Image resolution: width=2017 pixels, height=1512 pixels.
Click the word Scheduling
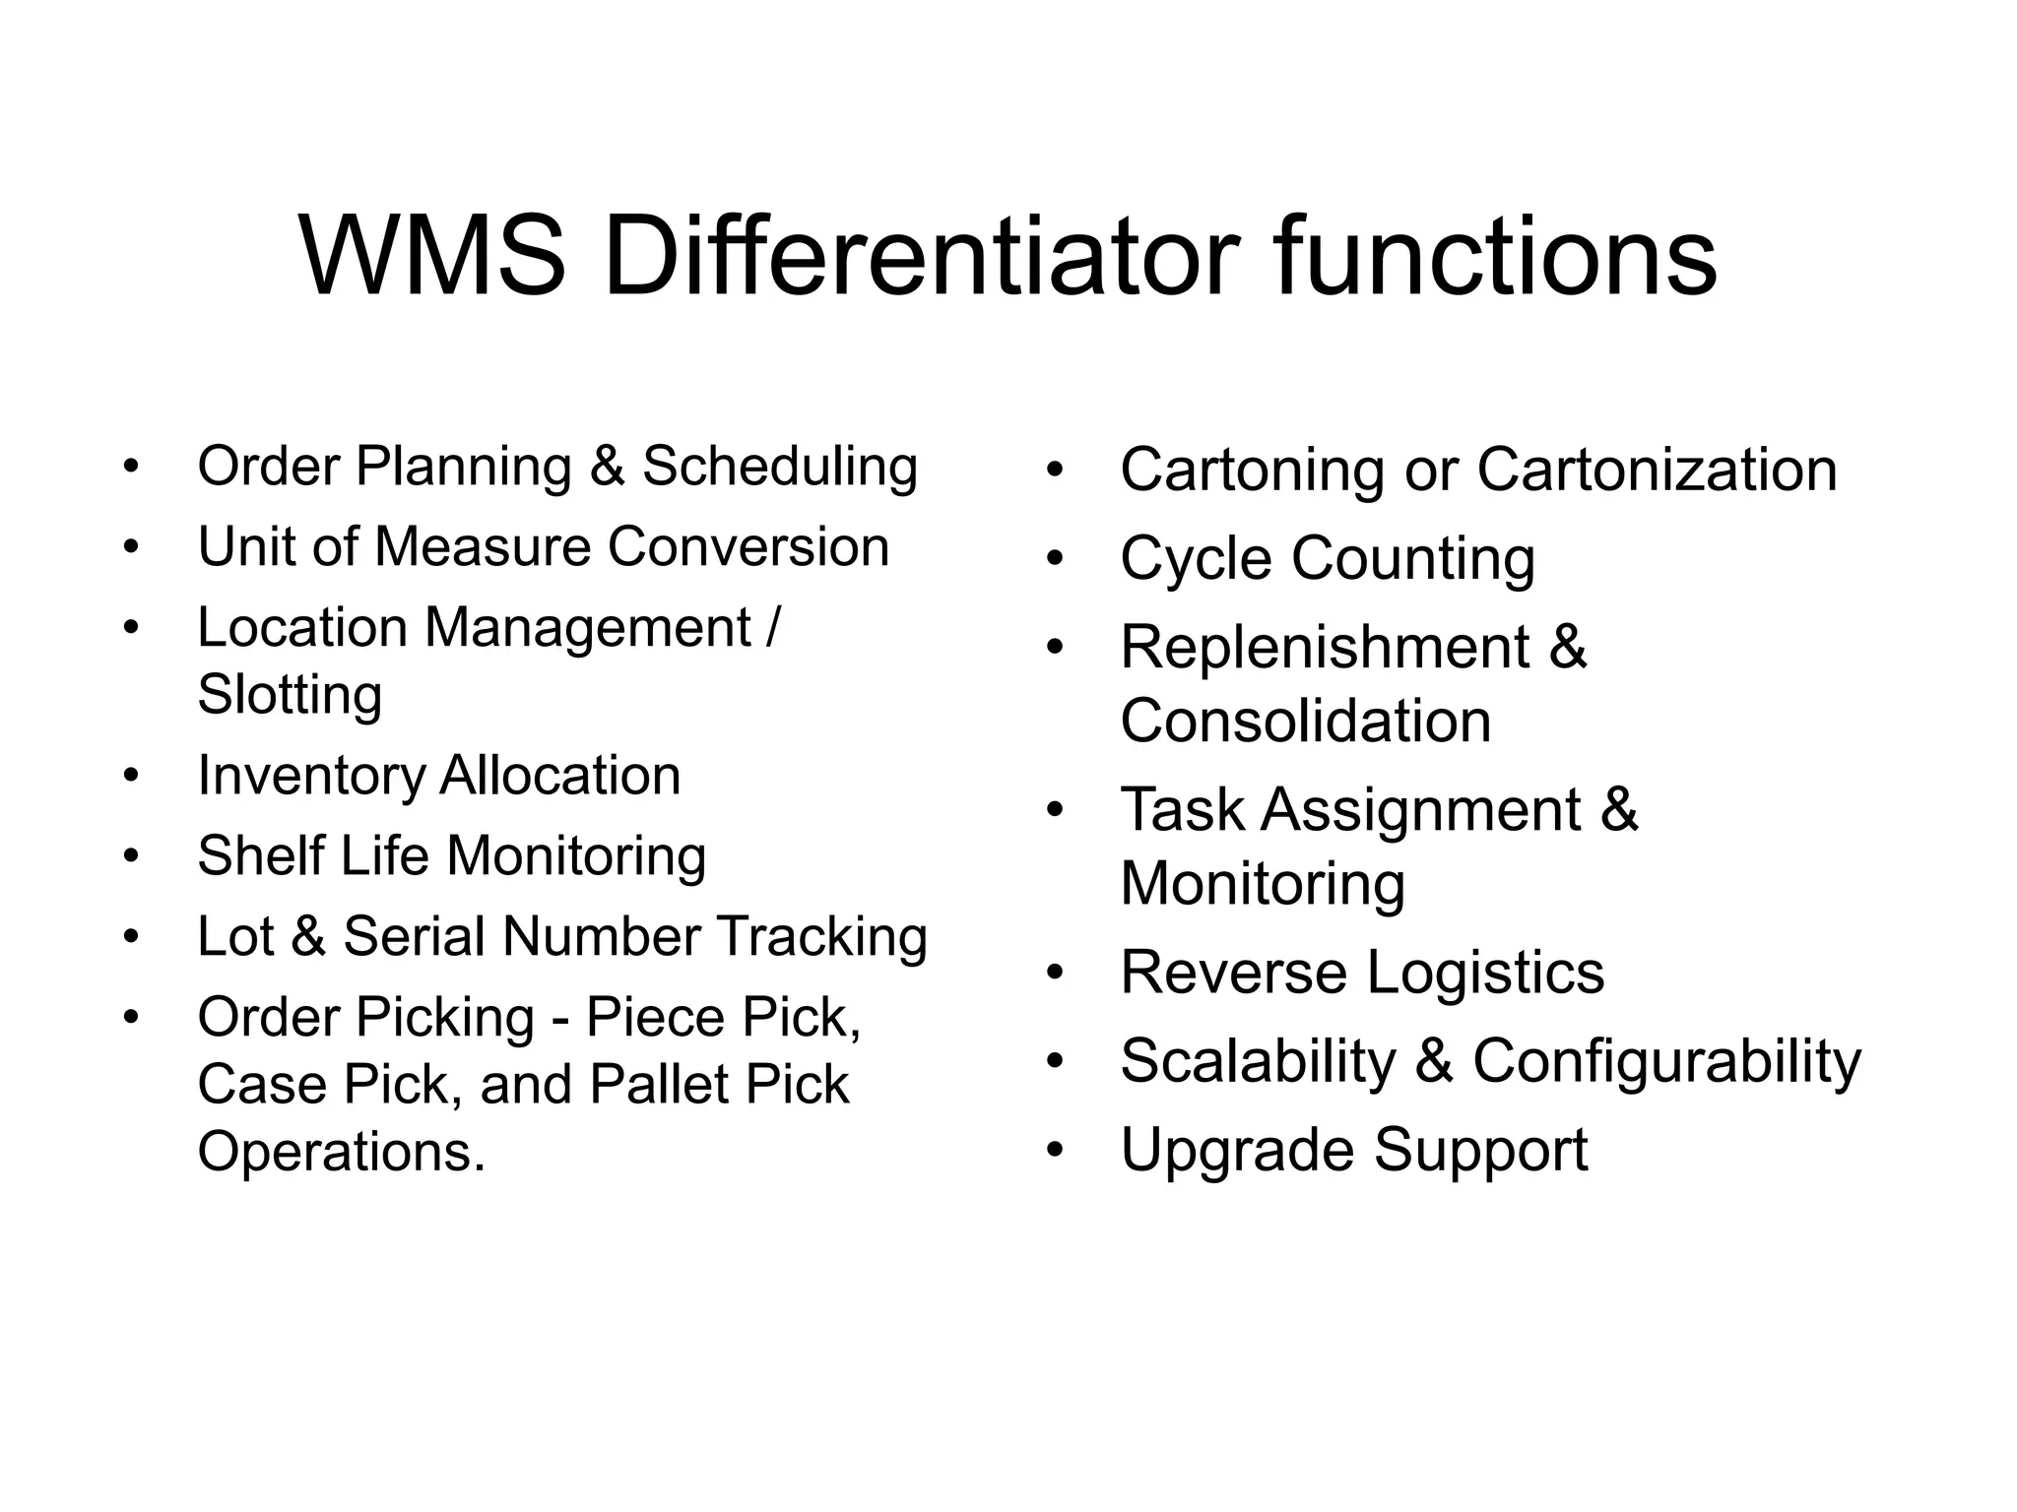tap(780, 467)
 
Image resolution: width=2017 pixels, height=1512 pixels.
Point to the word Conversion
tap(748, 546)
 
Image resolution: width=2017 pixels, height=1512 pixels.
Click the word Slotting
tap(290, 694)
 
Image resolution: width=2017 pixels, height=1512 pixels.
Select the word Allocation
tap(559, 776)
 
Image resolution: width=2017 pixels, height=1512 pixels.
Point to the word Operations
tap(341, 1152)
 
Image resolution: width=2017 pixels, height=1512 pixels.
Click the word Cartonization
tap(1657, 470)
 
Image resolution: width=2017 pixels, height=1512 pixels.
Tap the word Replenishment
tap(1325, 648)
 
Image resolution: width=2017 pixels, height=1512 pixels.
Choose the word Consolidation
tap(1305, 721)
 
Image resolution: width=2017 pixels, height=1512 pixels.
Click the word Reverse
tap(1234, 973)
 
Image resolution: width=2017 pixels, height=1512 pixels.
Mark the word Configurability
tap(1666, 1062)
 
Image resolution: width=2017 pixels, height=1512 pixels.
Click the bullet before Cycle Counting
tap(1056, 559)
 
